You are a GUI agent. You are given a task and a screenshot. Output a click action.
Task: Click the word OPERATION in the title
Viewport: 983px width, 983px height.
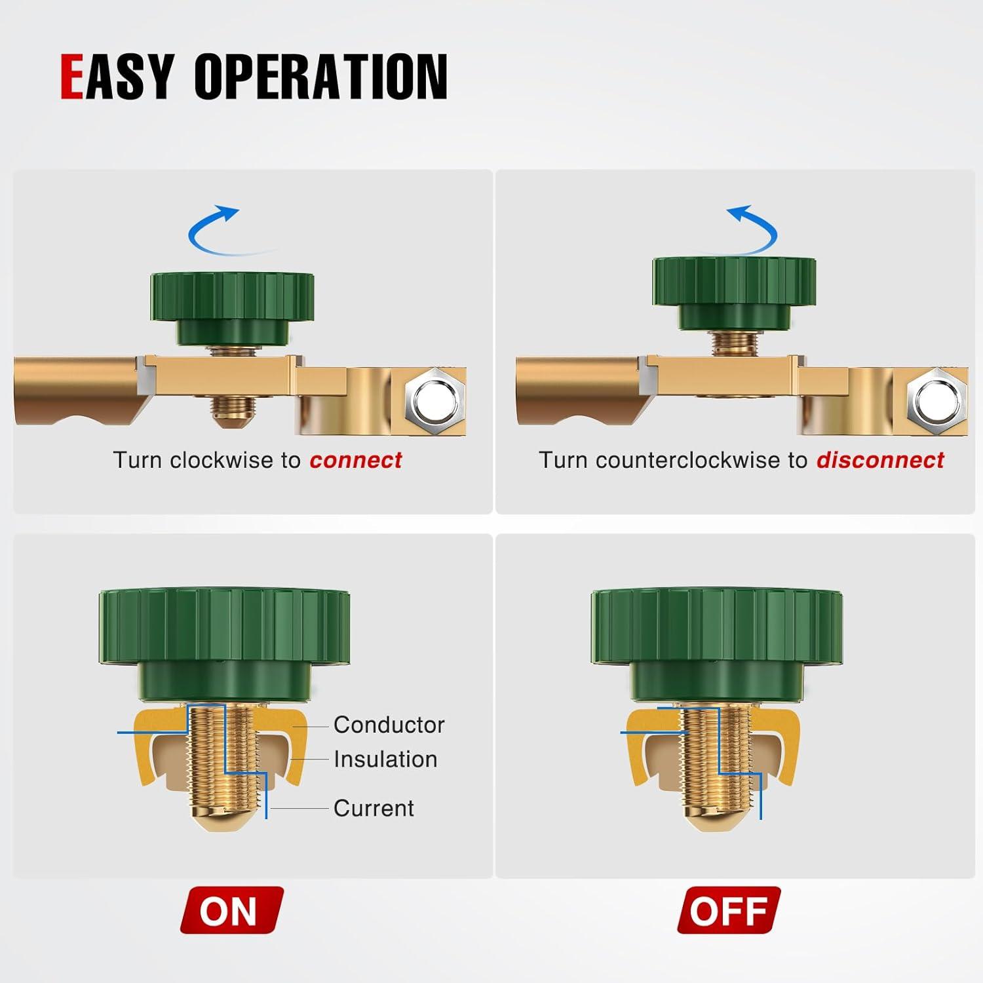point(320,77)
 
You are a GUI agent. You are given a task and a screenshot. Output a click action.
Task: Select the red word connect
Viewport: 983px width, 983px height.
point(356,460)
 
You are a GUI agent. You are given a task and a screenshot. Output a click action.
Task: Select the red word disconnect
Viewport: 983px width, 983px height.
point(879,460)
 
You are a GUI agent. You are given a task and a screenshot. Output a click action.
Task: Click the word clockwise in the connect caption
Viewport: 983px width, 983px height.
point(222,460)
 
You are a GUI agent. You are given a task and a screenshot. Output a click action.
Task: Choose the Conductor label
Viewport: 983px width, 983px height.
point(389,725)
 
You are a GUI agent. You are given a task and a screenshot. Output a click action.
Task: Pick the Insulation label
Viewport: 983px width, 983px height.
point(385,760)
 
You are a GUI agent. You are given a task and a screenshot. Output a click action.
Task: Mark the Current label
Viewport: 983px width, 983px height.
point(374,808)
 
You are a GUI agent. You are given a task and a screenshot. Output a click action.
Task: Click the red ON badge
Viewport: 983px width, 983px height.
point(231,910)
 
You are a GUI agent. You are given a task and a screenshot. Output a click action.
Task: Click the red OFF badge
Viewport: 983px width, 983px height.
point(729,910)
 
